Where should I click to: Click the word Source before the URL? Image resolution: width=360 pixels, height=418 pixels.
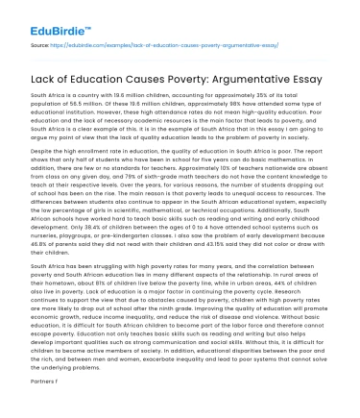42,44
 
